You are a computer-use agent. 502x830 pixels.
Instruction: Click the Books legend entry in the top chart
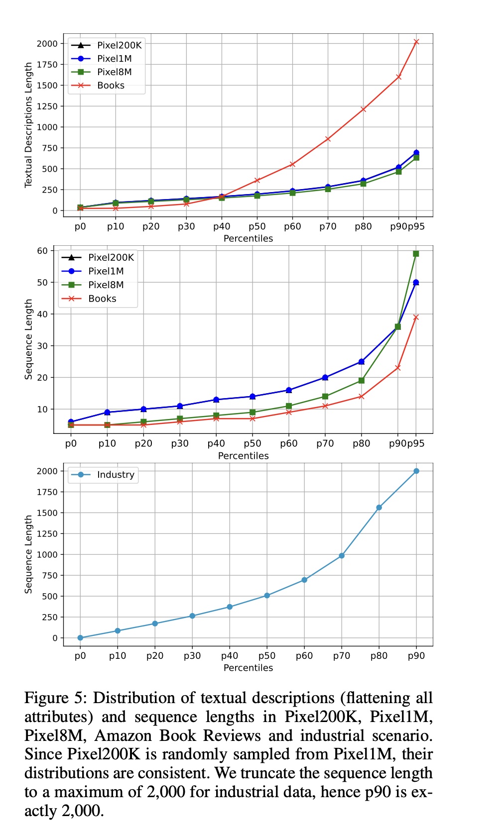111,86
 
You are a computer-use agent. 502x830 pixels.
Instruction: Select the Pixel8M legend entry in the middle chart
106,285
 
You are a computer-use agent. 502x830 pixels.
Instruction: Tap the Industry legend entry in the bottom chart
116,475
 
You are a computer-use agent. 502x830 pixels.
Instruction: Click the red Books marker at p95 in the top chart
416,42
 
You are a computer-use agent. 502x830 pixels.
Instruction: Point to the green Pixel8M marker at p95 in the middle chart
416,254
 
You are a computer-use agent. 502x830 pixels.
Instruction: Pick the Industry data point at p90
416,471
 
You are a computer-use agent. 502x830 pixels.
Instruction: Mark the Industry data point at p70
342,556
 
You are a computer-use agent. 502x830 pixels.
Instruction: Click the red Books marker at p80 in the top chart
363,109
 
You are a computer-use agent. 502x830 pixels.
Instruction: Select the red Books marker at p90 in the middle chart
398,368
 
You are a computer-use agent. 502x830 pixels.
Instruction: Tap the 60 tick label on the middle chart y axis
42,251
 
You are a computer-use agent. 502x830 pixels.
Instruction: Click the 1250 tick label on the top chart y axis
47,106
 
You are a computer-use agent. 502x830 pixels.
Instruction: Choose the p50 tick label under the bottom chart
267,656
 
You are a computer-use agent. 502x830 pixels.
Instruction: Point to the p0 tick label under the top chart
80,227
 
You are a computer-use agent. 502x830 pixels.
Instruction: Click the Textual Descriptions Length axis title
28,125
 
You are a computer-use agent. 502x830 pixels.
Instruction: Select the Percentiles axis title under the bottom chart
248,668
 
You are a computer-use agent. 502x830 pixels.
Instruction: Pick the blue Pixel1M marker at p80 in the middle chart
362,362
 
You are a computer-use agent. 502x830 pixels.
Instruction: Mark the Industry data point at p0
80,638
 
